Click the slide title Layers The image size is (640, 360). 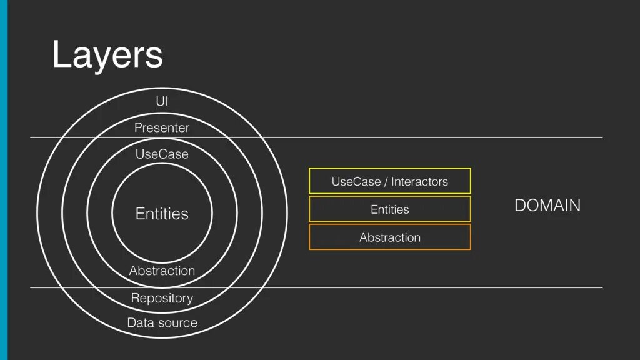tap(107, 55)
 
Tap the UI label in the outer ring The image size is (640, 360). tap(162, 101)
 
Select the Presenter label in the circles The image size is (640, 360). tap(162, 128)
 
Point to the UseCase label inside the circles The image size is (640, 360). tap(162, 154)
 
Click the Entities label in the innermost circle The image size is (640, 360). tap(162, 214)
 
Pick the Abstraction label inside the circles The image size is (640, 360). tap(162, 271)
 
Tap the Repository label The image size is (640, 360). tap(162, 298)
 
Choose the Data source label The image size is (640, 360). tap(162, 323)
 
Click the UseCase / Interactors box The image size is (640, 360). tap(389, 181)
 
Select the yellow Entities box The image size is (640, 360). tap(389, 209)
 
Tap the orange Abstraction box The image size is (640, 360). tap(389, 237)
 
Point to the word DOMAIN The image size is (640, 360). tap(547, 206)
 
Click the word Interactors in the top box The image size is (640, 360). tap(420, 182)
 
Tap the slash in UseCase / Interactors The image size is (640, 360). tap(386, 182)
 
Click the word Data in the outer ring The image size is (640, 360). tap(140, 323)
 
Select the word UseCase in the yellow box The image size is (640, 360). tap(356, 182)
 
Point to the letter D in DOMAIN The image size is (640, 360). tap(520, 206)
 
